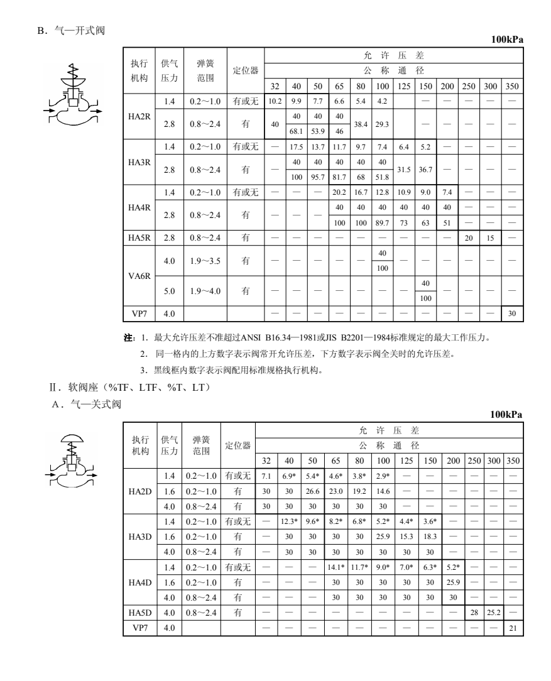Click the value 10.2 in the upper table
[x=275, y=100]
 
